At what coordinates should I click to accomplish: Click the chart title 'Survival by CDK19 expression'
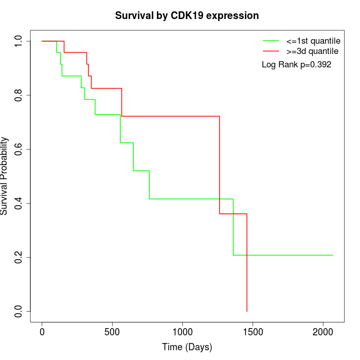coord(187,16)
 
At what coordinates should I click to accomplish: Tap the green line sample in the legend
coord(271,41)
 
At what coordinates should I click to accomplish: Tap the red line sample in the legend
coord(271,51)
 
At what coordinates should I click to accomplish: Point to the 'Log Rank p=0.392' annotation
coord(296,65)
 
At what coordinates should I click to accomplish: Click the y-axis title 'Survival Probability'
coord(5,176)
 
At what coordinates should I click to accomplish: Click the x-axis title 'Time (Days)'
coord(187,347)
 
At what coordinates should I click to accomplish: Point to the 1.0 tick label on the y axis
coord(19,41)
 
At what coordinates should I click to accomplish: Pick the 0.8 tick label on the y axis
coord(19,95)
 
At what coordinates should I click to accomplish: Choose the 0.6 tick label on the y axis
coord(19,149)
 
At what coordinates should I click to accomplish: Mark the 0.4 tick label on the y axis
coord(19,203)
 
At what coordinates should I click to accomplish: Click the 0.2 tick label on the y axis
coord(19,257)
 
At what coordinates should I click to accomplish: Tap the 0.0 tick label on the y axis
coord(19,311)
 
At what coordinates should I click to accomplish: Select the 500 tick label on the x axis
coord(112,332)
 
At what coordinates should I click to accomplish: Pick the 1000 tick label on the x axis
coord(183,332)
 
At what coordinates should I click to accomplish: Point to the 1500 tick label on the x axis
coord(253,332)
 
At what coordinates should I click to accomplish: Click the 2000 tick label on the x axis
coord(323,332)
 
